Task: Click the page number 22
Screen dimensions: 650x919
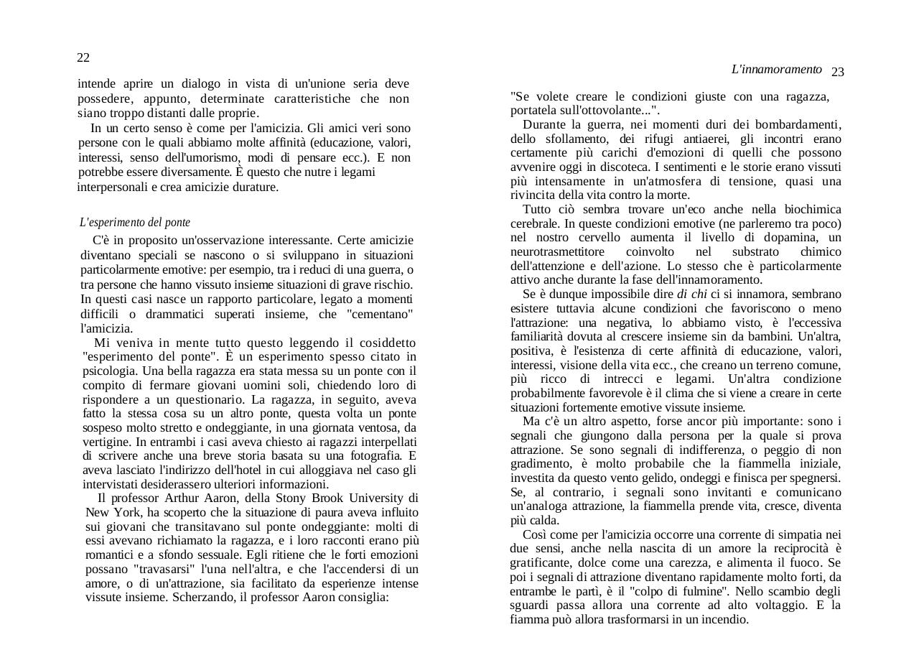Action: point(83,57)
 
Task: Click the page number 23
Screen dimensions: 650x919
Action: point(837,72)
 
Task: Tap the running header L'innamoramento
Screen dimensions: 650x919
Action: point(776,69)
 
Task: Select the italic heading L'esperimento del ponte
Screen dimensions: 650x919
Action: point(134,223)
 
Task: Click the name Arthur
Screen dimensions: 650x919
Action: point(183,498)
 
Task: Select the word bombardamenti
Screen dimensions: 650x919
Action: point(796,124)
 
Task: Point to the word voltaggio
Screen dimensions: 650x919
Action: point(776,605)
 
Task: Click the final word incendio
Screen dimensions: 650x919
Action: point(724,619)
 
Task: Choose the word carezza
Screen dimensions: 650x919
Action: point(697,562)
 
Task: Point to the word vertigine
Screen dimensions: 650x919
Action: point(107,441)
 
